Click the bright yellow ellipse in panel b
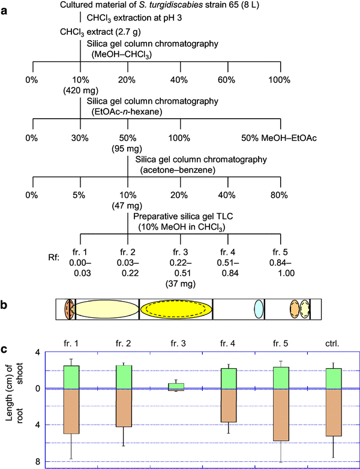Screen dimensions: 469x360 (x=176, y=308)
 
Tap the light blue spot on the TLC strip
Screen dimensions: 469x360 (x=258, y=308)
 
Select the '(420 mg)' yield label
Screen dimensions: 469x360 (x=81, y=90)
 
